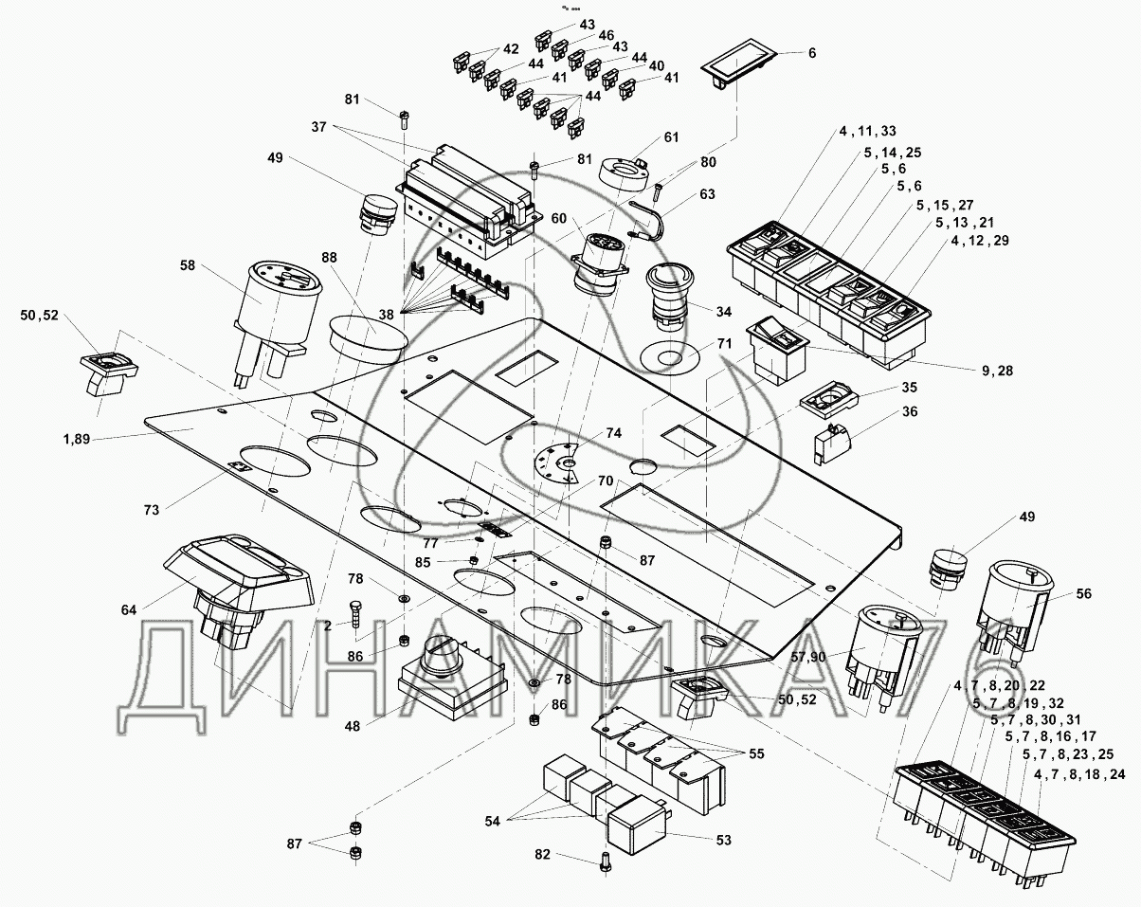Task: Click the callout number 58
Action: point(188,265)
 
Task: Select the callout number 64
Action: point(129,610)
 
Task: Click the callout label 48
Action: point(352,726)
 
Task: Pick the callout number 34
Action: point(724,312)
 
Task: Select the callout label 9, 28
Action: point(997,371)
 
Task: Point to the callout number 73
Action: point(151,510)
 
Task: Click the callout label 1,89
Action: point(77,439)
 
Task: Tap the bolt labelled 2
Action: point(355,614)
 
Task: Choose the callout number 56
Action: point(1084,593)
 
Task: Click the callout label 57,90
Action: point(808,657)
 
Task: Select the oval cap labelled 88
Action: point(369,338)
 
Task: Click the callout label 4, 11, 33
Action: point(868,131)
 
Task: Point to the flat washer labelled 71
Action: point(669,358)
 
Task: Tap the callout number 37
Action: point(318,127)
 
